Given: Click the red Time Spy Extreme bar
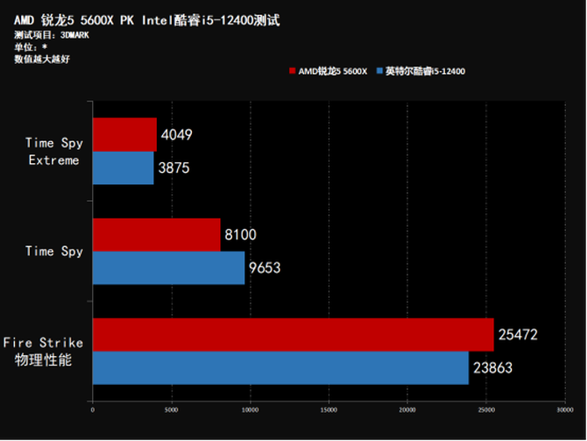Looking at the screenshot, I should click(x=124, y=135).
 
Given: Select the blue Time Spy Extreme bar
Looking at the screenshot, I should click(x=123, y=167).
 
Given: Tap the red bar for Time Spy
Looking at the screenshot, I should click(x=156, y=235).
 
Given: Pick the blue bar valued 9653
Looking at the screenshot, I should click(x=168, y=267).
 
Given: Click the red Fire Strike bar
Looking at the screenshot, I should click(x=293, y=335).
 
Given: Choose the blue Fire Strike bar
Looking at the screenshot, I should click(x=280, y=368).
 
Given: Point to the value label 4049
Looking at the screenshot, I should click(x=176, y=135).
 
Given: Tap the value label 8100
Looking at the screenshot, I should click(x=239, y=235).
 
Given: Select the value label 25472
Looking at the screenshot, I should click(x=518, y=335).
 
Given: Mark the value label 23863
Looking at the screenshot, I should click(x=493, y=368).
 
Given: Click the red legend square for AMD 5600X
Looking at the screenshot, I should click(x=292, y=71).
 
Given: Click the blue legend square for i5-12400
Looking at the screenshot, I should click(x=378, y=71).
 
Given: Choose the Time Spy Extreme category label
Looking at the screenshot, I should click(x=53, y=151).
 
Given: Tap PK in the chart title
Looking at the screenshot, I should click(x=127, y=19).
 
